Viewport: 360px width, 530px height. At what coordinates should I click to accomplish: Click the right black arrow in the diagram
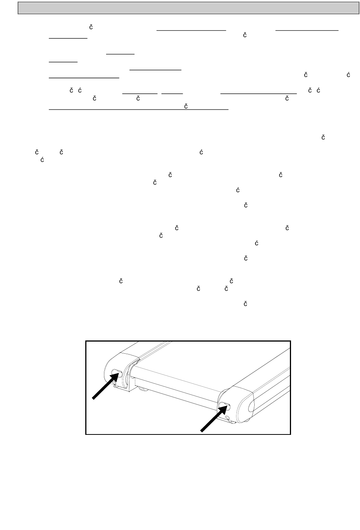[213, 419]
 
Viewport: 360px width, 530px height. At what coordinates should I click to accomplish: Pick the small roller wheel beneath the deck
[144, 388]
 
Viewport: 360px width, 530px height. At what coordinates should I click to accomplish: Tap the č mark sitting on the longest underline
[186, 107]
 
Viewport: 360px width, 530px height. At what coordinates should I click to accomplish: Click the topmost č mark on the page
[91, 27]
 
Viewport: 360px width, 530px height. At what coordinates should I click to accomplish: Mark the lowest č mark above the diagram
[245, 304]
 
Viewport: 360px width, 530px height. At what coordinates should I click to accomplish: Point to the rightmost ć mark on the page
[347, 75]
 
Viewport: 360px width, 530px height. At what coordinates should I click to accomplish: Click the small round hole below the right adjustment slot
[227, 418]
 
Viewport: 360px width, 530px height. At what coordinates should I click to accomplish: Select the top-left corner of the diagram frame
[86, 341]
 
